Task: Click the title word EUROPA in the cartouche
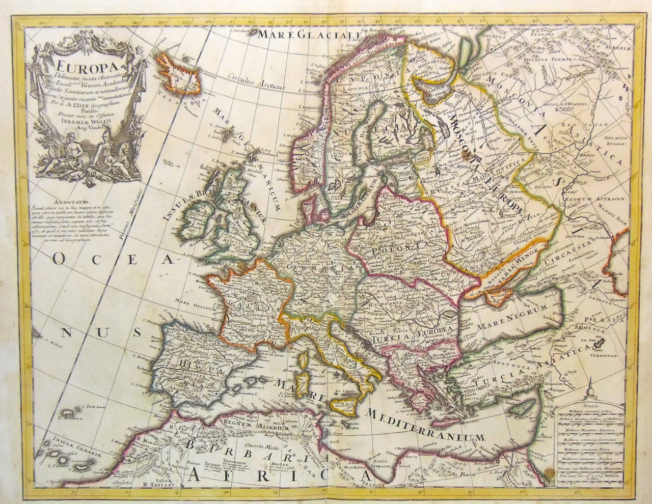coord(77,67)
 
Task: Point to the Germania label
coord(320,267)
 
